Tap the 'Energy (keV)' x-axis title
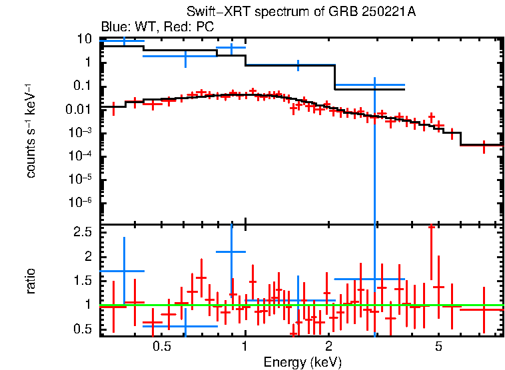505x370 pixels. pos(302,362)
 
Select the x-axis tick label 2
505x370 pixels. pos(329,347)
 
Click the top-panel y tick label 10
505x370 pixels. pos(84,39)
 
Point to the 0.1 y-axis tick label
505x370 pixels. pos(81,86)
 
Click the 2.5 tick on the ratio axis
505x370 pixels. pos(83,232)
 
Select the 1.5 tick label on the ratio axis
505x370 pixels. pos(83,281)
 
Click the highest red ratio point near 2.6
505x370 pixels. pos(431,227)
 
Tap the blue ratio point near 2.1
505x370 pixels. pos(231,252)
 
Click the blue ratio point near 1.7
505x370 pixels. pos(123,271)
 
